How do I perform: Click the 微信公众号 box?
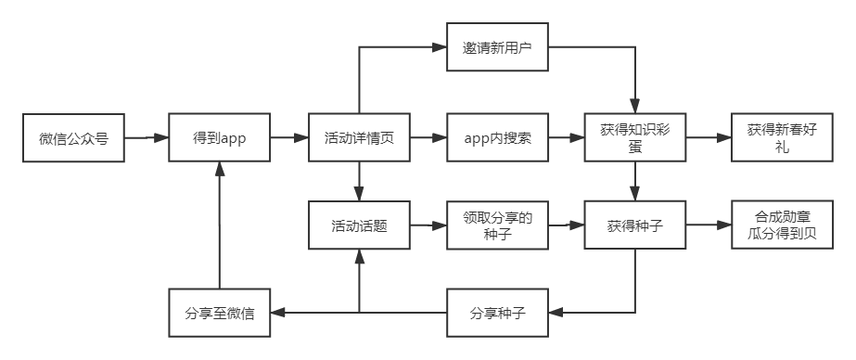click(74, 139)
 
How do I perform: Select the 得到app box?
click(219, 139)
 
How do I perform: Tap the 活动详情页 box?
click(359, 139)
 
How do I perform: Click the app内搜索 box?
click(496, 139)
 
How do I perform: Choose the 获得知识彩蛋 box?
click(635, 139)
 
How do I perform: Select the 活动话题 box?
click(359, 225)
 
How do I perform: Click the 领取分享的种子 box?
click(496, 225)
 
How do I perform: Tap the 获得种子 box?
click(635, 225)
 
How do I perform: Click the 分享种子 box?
click(496, 314)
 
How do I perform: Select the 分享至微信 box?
click(219, 314)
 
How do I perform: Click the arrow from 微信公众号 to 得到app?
click(147, 139)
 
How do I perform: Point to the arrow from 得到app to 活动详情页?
click(288, 139)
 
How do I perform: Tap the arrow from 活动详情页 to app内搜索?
click(428, 139)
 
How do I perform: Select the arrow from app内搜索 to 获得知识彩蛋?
click(565, 139)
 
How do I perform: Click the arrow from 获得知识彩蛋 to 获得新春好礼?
click(709, 139)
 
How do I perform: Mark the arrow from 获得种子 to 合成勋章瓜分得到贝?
click(709, 225)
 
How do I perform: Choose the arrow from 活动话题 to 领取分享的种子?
click(428, 225)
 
